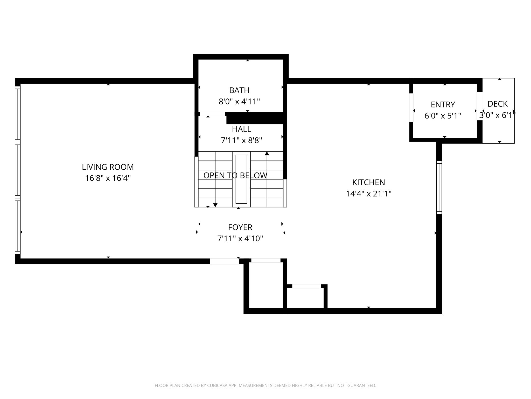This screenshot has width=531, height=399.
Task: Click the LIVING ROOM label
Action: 108,167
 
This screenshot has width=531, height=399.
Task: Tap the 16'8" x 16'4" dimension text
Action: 108,178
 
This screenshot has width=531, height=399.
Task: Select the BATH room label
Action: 239,90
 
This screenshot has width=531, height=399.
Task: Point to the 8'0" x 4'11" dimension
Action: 239,102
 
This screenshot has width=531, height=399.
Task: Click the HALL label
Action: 241,129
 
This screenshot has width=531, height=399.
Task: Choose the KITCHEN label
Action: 368,182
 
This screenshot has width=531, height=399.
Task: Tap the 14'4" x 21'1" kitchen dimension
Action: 368,194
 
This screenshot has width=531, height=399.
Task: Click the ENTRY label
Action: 443,104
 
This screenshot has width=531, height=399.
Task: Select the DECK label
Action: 498,104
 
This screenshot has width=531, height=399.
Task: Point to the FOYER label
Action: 240,227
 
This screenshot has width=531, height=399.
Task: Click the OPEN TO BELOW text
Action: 235,176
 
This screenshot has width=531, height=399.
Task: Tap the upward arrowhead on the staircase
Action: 267,154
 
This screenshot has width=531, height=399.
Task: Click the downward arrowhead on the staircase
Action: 215,205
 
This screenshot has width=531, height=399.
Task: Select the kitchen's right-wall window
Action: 439,187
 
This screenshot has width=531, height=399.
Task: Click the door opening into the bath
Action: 212,114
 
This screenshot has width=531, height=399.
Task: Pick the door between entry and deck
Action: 479,106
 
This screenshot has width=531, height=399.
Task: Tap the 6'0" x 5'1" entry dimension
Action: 443,116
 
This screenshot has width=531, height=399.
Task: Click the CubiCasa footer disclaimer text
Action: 265,385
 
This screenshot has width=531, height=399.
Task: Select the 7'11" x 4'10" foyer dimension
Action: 240,238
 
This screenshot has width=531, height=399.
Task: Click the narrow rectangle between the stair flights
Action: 241,179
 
